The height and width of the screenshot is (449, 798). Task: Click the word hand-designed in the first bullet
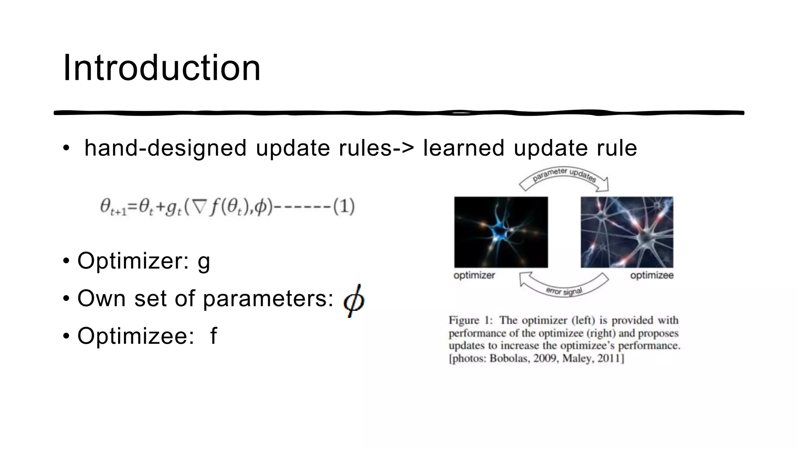pyautogui.click(x=165, y=148)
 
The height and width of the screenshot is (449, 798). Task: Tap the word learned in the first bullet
pyautogui.click(x=464, y=148)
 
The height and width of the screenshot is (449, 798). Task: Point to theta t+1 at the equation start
pyautogui.click(x=112, y=207)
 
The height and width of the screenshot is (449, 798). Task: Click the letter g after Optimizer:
pyautogui.click(x=204, y=261)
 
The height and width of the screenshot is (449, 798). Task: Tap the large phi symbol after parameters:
pyautogui.click(x=353, y=301)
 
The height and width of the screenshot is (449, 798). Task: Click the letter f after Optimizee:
pyautogui.click(x=213, y=336)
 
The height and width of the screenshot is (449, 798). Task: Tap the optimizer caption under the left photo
pyautogui.click(x=474, y=276)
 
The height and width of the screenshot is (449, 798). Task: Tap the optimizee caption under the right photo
pyautogui.click(x=651, y=276)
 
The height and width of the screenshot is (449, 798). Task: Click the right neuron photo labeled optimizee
pyautogui.click(x=627, y=232)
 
